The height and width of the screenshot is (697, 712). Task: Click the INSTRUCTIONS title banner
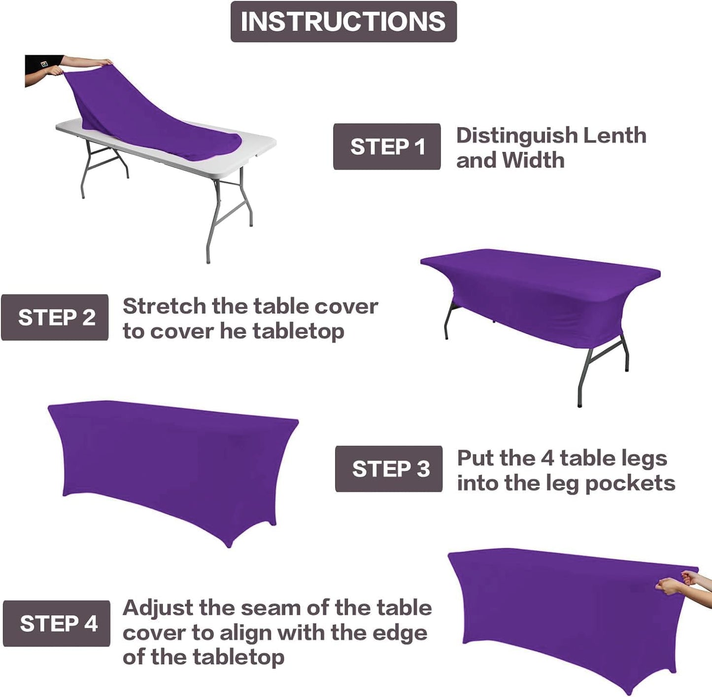point(343,22)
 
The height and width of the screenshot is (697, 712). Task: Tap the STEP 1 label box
point(387,147)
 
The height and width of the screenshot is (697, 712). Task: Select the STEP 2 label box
point(55,317)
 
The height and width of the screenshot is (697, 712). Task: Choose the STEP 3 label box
point(389,469)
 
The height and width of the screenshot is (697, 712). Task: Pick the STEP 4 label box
point(57,624)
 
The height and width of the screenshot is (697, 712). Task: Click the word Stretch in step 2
point(164,307)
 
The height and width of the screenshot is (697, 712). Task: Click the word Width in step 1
point(533,160)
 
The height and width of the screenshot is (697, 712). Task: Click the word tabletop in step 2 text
point(299,331)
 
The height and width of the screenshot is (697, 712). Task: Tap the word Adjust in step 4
point(158,608)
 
